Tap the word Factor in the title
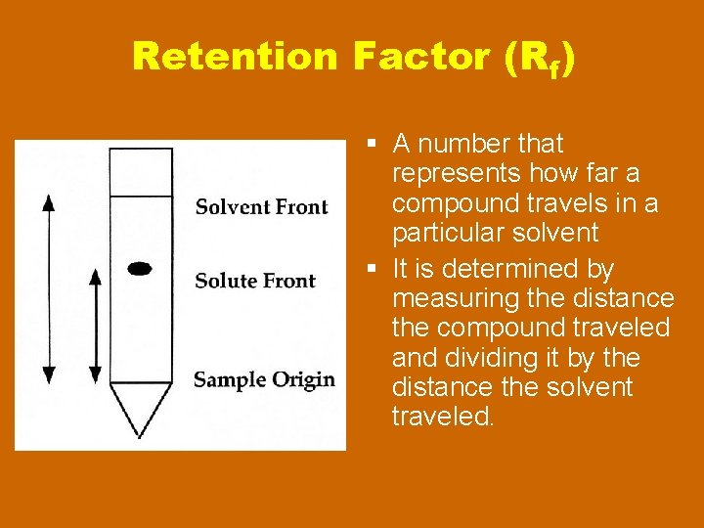coord(422,57)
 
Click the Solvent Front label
coord(261,206)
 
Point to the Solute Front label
coord(255,282)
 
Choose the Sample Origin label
coord(264,379)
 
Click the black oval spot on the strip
coord(141,267)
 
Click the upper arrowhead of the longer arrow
coord(49,202)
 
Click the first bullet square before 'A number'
coord(374,145)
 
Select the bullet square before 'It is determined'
coord(374,269)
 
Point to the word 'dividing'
coord(497,357)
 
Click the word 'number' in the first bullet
coord(463,144)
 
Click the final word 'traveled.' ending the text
coord(443,418)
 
